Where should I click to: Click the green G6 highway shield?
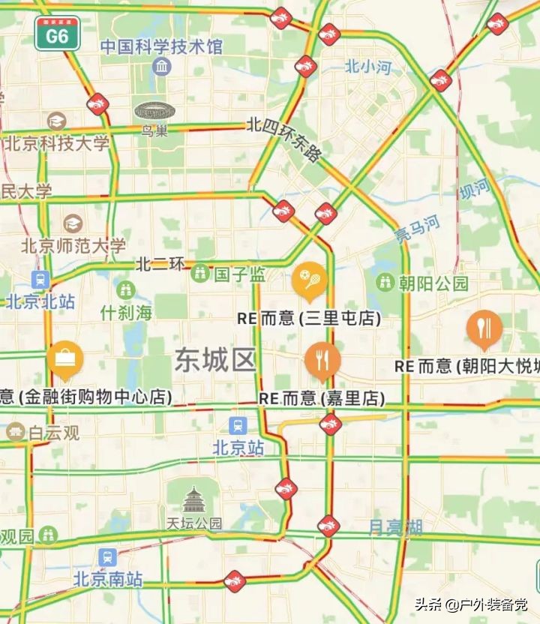pyautogui.click(x=57, y=34)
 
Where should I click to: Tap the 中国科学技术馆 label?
pyautogui.click(x=161, y=46)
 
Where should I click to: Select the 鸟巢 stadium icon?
pyautogui.click(x=154, y=112)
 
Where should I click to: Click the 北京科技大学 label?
pyautogui.click(x=56, y=142)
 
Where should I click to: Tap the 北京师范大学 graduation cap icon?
pyautogui.click(x=73, y=223)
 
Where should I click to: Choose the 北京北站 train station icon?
pyautogui.click(x=40, y=280)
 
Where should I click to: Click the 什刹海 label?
pyautogui.click(x=126, y=313)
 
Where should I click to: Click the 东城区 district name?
pyautogui.click(x=216, y=361)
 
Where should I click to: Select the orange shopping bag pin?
pyautogui.click(x=65, y=358)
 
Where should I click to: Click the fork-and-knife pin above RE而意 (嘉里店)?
pyautogui.click(x=322, y=359)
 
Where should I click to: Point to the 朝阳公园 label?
pyautogui.click(x=433, y=283)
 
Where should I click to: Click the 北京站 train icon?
pyautogui.click(x=238, y=426)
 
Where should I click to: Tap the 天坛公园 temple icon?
pyautogui.click(x=194, y=498)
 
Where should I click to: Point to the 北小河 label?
pyautogui.click(x=367, y=67)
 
